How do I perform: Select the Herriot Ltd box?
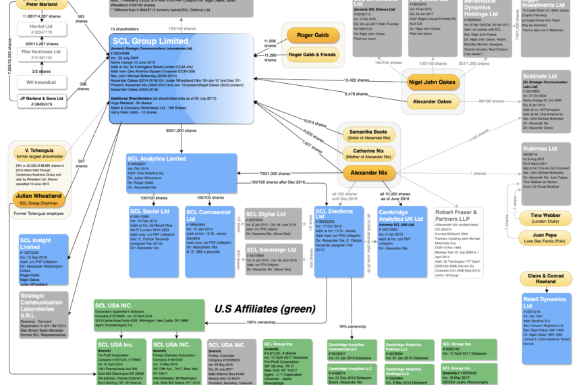[42, 29]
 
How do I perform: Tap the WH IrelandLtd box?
[42, 82]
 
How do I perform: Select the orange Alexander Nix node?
[369, 173]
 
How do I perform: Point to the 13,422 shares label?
[358, 80]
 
